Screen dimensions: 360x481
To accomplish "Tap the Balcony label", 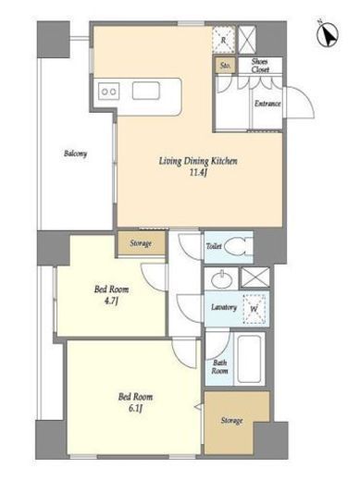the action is [75, 154].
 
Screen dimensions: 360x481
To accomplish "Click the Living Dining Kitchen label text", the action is [198, 161].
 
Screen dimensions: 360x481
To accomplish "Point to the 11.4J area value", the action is [198, 173].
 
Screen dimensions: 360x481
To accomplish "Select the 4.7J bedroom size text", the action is [111, 301].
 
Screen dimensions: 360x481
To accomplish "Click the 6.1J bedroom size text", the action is [135, 408].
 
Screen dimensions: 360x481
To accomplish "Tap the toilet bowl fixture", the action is [239, 247].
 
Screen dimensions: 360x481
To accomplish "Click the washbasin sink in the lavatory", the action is [222, 278].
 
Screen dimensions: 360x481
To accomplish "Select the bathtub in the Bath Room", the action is [249, 359].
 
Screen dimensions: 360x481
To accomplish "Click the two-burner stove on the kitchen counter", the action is [109, 92].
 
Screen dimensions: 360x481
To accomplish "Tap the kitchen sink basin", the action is [146, 91].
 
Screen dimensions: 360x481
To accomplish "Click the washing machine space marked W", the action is [254, 309].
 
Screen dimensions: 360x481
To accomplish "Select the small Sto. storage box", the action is [226, 66].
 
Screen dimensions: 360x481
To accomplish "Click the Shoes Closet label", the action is [260, 66].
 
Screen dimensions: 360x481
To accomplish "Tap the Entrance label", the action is [267, 104].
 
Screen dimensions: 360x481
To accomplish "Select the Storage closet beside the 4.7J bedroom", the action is [141, 243].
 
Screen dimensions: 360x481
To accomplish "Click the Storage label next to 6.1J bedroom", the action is [231, 420].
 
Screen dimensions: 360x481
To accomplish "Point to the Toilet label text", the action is [214, 246].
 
